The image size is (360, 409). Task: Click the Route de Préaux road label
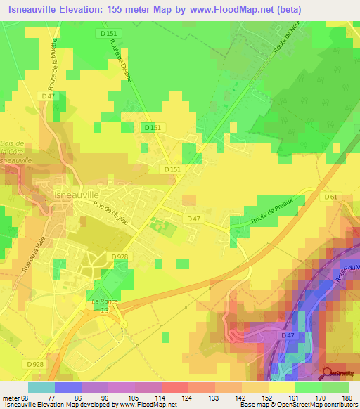(x=277, y=212)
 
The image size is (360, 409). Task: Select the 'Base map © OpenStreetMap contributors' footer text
(x=298, y=404)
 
